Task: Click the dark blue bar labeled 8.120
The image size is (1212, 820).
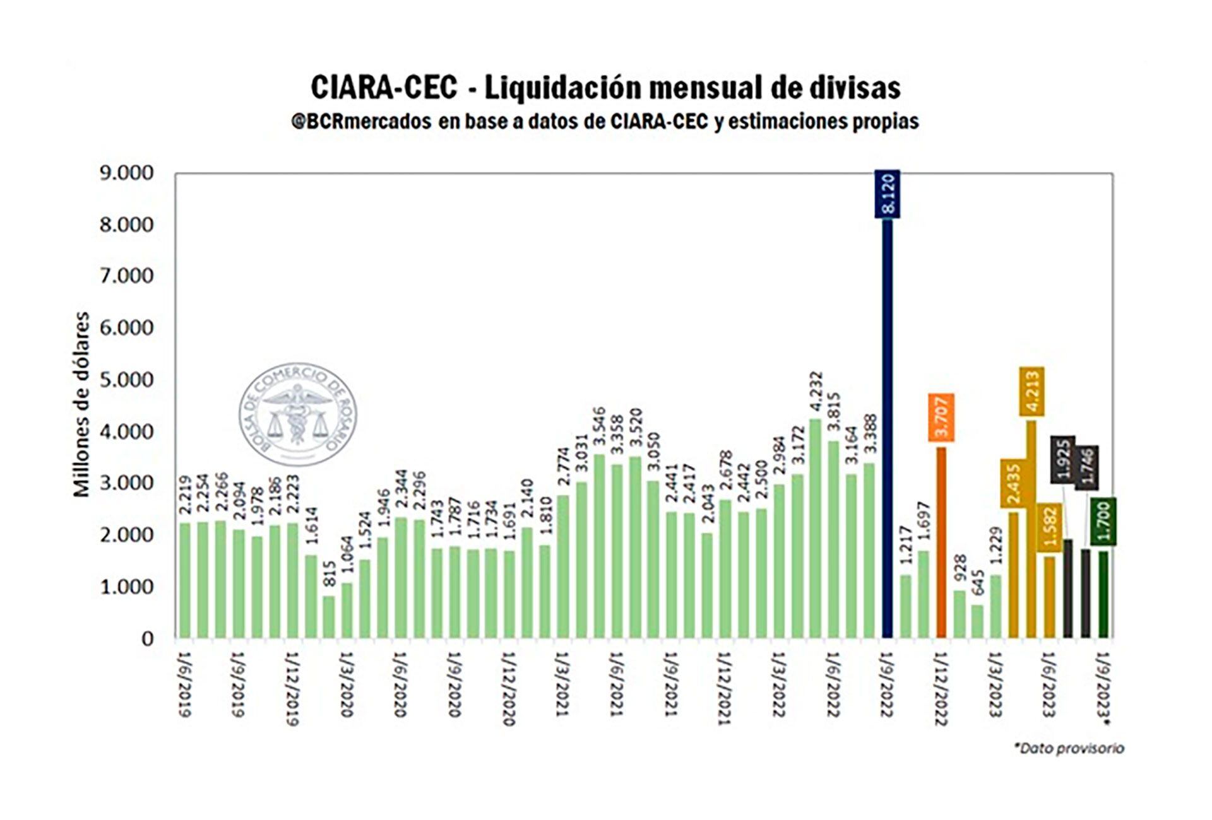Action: pos(887,429)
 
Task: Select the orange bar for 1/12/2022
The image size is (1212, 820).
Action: pos(941,542)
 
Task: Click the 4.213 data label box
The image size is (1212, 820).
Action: pos(1031,391)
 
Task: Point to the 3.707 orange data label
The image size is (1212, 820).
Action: pos(941,417)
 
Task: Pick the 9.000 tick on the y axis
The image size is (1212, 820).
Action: pos(126,173)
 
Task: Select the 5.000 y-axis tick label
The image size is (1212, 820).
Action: pos(126,380)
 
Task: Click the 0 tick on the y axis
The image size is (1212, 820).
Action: pos(147,638)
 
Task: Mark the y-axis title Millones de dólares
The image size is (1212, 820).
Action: pos(82,404)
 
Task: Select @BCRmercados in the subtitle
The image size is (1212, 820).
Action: pos(361,121)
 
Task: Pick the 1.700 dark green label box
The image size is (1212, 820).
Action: pos(1103,521)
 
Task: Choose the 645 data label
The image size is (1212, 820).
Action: pos(977,586)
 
